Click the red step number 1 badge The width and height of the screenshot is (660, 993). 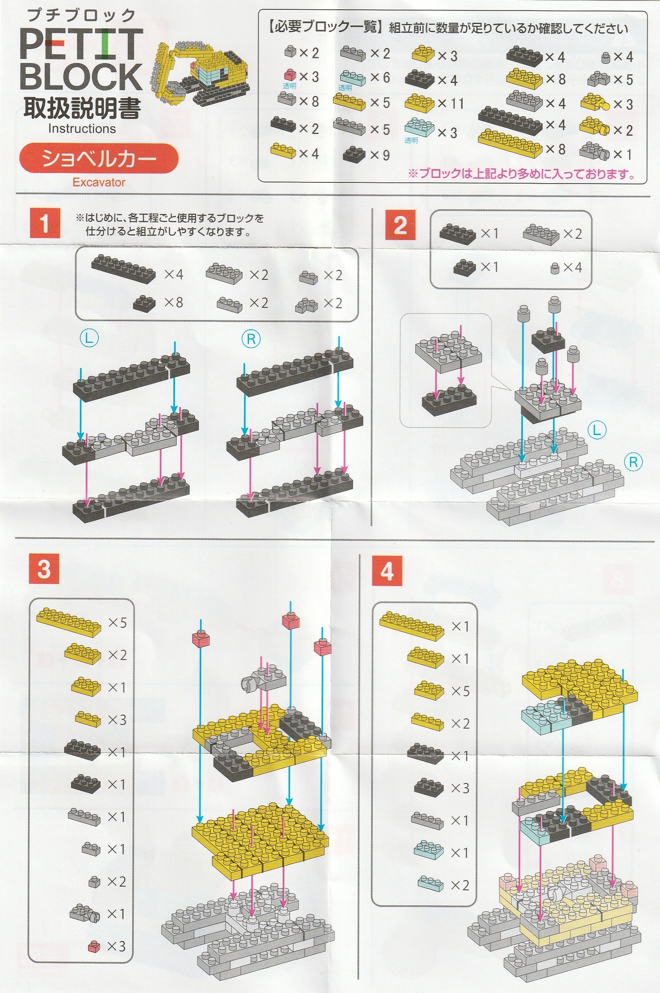(45, 223)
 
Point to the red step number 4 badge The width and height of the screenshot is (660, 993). (387, 571)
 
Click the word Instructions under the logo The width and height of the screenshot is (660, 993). (82, 128)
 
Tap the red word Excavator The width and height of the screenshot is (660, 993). (99, 182)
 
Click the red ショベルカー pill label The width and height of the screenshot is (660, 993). (99, 158)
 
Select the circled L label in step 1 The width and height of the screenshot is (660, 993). (89, 338)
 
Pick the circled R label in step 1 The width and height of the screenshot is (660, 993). (251, 338)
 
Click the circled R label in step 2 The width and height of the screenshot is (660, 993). (633, 462)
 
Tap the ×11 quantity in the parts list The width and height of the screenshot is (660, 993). (450, 104)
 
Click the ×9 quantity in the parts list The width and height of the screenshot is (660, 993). (380, 155)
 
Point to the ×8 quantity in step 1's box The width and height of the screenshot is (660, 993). (173, 302)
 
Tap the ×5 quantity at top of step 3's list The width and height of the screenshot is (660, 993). (117, 623)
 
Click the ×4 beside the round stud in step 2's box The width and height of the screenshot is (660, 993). (572, 267)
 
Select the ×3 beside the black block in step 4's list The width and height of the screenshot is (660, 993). (460, 788)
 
